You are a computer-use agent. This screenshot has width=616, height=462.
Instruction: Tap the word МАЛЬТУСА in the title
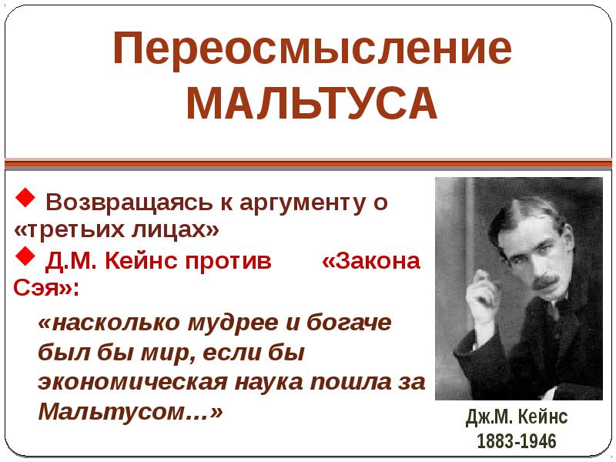[312, 105]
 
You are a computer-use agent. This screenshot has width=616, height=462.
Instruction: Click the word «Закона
[371, 260]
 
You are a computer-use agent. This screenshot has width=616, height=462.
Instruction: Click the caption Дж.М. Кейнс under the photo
[516, 417]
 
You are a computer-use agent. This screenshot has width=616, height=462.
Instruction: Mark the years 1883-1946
[516, 441]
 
